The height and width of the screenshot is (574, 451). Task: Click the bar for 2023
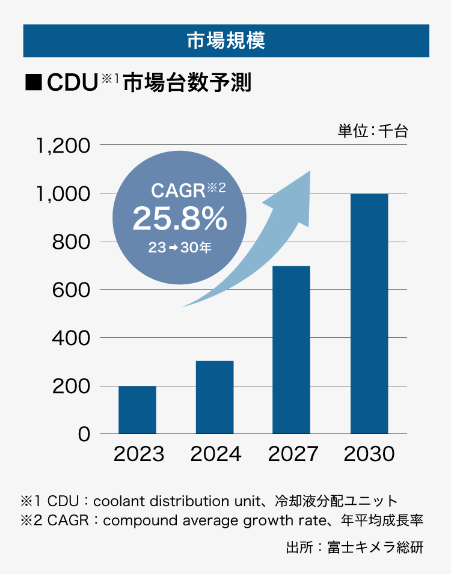click(137, 409)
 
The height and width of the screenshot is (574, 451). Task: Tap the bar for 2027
click(291, 350)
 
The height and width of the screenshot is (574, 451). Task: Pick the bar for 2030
click(369, 313)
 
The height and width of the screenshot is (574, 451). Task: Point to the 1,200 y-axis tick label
click(63, 146)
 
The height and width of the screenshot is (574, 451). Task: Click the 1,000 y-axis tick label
click(63, 194)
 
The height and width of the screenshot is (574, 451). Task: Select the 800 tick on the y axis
click(70, 242)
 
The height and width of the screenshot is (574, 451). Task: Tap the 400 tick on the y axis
click(70, 338)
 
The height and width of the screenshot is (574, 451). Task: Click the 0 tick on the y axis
click(84, 434)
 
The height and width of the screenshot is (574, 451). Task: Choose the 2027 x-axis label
click(292, 454)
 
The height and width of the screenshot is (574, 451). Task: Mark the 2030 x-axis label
click(369, 454)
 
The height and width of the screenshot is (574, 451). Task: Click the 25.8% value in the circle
click(180, 219)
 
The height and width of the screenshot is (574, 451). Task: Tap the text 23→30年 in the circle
click(180, 247)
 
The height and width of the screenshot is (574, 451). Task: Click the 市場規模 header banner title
click(226, 41)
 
